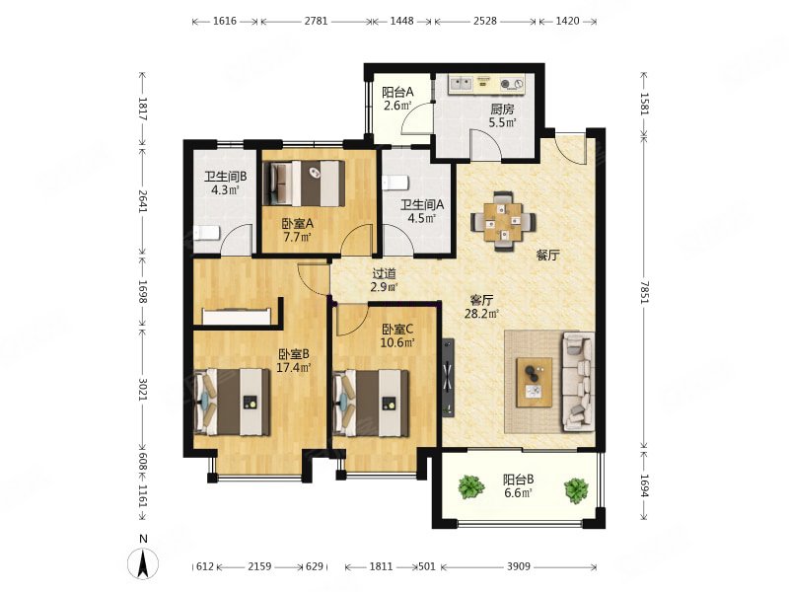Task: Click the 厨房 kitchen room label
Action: (x=502, y=109)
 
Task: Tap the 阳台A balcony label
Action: (x=397, y=93)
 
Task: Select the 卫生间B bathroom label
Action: (x=225, y=177)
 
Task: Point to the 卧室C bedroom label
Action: (x=397, y=330)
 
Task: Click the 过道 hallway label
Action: (x=384, y=274)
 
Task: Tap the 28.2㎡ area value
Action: (x=481, y=314)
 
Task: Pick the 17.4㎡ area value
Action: (x=293, y=367)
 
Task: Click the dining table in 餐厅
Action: (x=503, y=220)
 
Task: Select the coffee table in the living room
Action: (x=534, y=382)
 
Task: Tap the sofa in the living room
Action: (x=578, y=381)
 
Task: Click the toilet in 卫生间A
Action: (x=394, y=183)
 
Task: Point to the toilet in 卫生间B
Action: (x=206, y=233)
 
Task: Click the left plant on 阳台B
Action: (x=471, y=486)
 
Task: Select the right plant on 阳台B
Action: (x=576, y=490)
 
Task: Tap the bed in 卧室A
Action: (x=304, y=184)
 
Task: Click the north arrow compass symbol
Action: (x=143, y=563)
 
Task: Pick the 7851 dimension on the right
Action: (x=645, y=290)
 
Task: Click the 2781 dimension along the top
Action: (x=316, y=21)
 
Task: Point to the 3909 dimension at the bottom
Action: (x=519, y=566)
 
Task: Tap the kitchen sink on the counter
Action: (x=461, y=84)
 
